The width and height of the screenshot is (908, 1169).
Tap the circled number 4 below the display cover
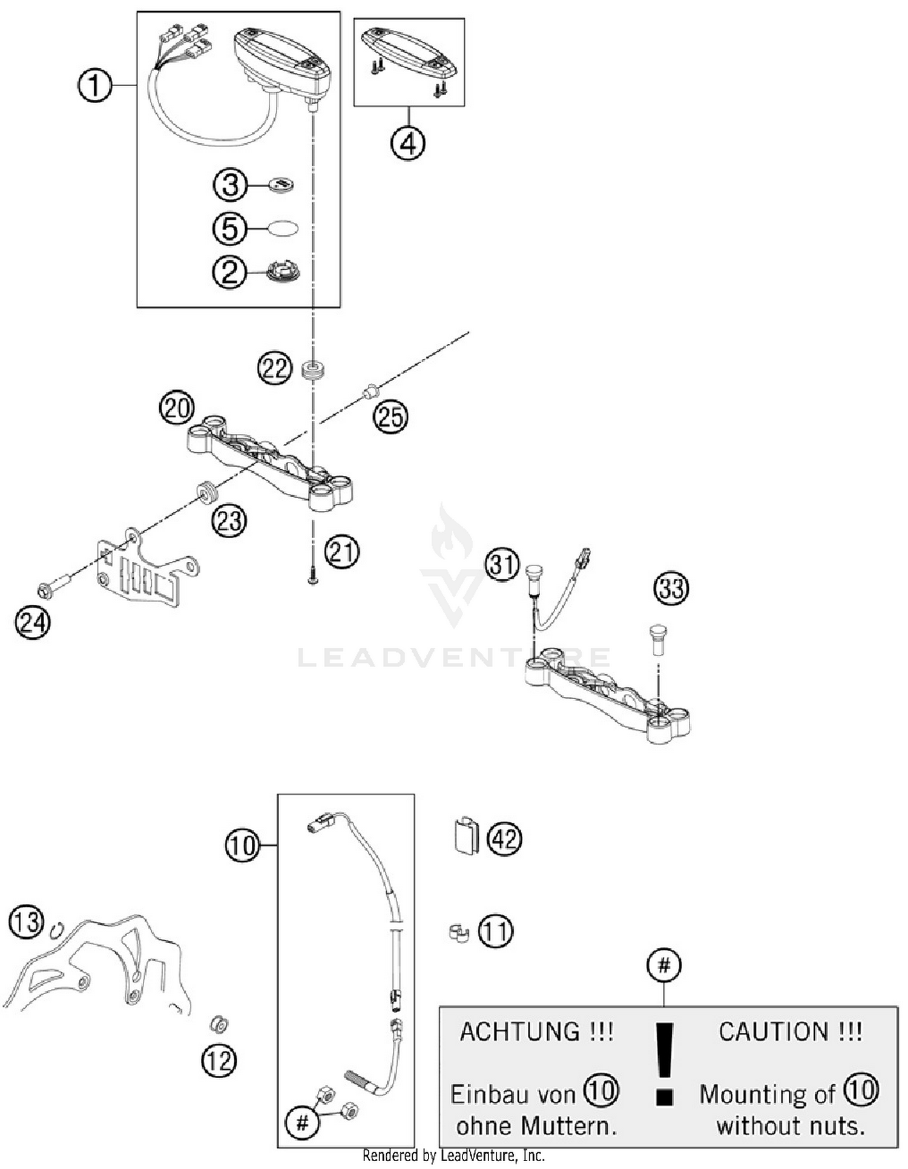(x=408, y=143)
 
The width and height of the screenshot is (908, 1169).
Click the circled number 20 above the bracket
(x=177, y=409)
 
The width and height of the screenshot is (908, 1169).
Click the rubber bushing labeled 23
(x=206, y=492)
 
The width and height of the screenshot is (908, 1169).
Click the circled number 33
(x=671, y=588)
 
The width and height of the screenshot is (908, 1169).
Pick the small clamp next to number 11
(x=459, y=933)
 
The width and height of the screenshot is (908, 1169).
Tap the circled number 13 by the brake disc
(x=27, y=922)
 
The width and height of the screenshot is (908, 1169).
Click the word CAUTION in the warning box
(x=790, y=1032)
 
